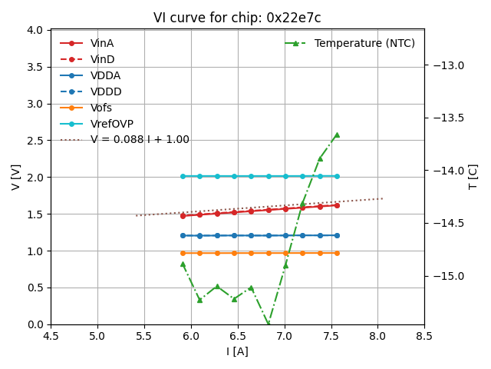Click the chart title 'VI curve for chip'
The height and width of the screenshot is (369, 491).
click(x=237, y=18)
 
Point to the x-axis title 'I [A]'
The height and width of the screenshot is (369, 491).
click(x=237, y=351)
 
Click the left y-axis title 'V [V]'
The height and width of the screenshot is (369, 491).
click(x=16, y=177)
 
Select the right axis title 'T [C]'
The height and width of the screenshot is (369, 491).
click(x=473, y=177)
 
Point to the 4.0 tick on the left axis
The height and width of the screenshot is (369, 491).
click(x=35, y=30)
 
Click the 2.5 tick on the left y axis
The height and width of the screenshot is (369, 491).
click(x=35, y=141)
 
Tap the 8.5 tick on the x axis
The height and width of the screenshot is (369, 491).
click(x=424, y=336)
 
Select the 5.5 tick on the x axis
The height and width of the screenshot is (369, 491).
click(x=144, y=336)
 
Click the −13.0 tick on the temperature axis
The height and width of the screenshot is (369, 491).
click(x=447, y=65)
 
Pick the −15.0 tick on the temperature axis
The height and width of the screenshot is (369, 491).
click(x=447, y=276)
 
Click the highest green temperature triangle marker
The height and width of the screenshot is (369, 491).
click(x=337, y=135)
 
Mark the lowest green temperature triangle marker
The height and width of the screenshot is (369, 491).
click(x=268, y=324)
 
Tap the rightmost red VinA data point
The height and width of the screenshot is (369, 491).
click(x=337, y=205)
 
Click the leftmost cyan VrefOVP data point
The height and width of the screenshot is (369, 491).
click(x=183, y=176)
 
